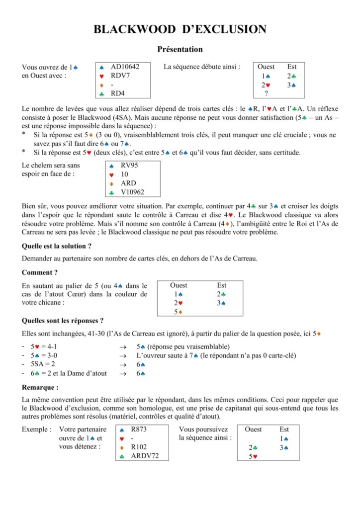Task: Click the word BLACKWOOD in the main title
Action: point(130,29)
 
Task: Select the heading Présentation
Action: point(180,49)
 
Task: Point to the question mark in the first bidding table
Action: point(267,93)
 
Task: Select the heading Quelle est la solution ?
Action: point(57,246)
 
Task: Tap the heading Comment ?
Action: point(40,272)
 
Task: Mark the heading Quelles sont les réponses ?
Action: point(63,321)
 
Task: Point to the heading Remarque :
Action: point(40,387)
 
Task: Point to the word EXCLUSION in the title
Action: point(224,29)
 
